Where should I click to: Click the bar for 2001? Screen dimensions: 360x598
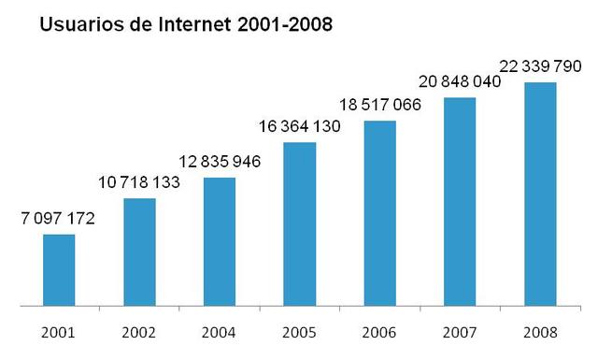(59, 270)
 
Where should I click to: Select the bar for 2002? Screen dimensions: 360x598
(139, 252)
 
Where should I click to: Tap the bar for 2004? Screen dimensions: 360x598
(219, 242)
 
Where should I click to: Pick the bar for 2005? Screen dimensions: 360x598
(299, 224)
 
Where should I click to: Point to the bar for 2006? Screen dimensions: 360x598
(379, 213)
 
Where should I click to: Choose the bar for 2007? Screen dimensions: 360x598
(460, 202)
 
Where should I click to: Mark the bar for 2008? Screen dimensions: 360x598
(540, 194)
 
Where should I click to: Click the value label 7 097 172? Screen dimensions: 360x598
(59, 219)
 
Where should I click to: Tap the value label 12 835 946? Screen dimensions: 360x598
(219, 162)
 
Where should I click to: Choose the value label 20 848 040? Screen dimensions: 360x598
(460, 82)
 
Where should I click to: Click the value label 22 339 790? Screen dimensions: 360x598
(540, 67)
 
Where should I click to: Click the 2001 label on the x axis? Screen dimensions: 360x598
(59, 333)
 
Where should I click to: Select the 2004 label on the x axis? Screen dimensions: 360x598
(219, 333)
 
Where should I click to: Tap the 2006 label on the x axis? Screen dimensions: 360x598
(379, 333)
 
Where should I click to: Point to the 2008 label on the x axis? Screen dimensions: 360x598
(540, 333)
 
